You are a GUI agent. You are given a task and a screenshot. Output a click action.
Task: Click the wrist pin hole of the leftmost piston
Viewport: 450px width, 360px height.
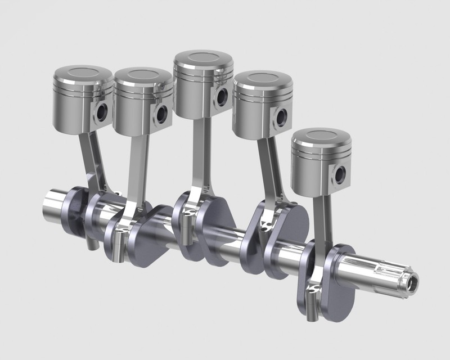coord(102,113)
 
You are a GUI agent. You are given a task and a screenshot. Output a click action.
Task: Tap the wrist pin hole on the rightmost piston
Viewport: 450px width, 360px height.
coord(340,175)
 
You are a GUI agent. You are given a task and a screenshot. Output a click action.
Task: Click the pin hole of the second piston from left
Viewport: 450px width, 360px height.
coord(162,115)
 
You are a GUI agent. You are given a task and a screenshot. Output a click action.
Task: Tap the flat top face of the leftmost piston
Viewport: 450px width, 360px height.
coord(84,73)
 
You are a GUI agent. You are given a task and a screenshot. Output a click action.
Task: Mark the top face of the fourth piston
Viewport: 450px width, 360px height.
coord(263,78)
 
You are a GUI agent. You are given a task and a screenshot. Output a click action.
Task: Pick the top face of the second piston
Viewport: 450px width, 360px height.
coord(143,75)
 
